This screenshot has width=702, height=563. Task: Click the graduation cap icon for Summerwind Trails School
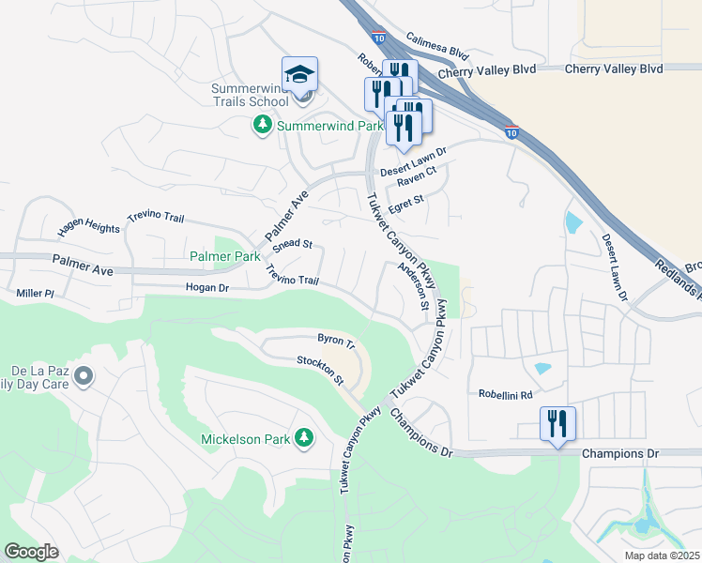click(300, 74)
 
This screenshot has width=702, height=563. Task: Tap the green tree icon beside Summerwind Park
click(263, 125)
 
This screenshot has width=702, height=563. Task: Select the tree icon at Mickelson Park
click(303, 438)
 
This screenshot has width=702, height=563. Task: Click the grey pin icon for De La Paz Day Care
click(84, 376)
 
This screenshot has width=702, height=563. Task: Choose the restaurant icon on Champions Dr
click(557, 423)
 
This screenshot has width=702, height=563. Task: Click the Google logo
click(32, 552)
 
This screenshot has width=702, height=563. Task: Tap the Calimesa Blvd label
click(436, 45)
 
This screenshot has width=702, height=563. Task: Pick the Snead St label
click(293, 244)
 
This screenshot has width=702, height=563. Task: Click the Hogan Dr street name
click(206, 288)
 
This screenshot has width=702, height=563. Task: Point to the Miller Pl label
click(36, 294)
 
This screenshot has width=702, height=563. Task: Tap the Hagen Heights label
click(88, 227)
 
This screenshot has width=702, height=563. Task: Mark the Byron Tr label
click(336, 340)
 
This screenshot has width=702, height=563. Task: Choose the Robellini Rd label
click(505, 395)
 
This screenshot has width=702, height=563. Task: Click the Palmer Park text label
click(224, 256)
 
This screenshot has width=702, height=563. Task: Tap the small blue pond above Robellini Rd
click(542, 369)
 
